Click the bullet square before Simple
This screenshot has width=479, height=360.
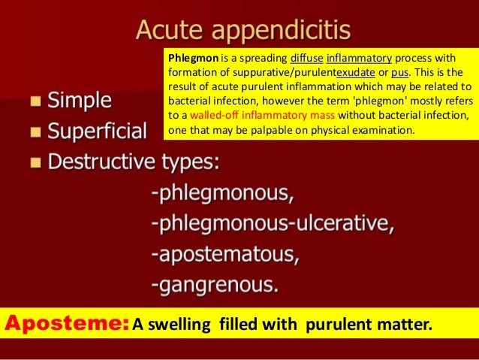coord(35,101)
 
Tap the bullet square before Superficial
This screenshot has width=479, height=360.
coord(35,133)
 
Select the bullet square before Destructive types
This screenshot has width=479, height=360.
coord(35,163)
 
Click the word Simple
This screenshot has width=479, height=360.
coord(80,99)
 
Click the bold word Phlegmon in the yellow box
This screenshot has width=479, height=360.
coord(191,57)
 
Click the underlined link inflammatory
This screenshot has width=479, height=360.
coord(360,57)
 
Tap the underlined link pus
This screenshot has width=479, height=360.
coord(399,71)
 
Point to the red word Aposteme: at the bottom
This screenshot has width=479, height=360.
coord(66,324)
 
